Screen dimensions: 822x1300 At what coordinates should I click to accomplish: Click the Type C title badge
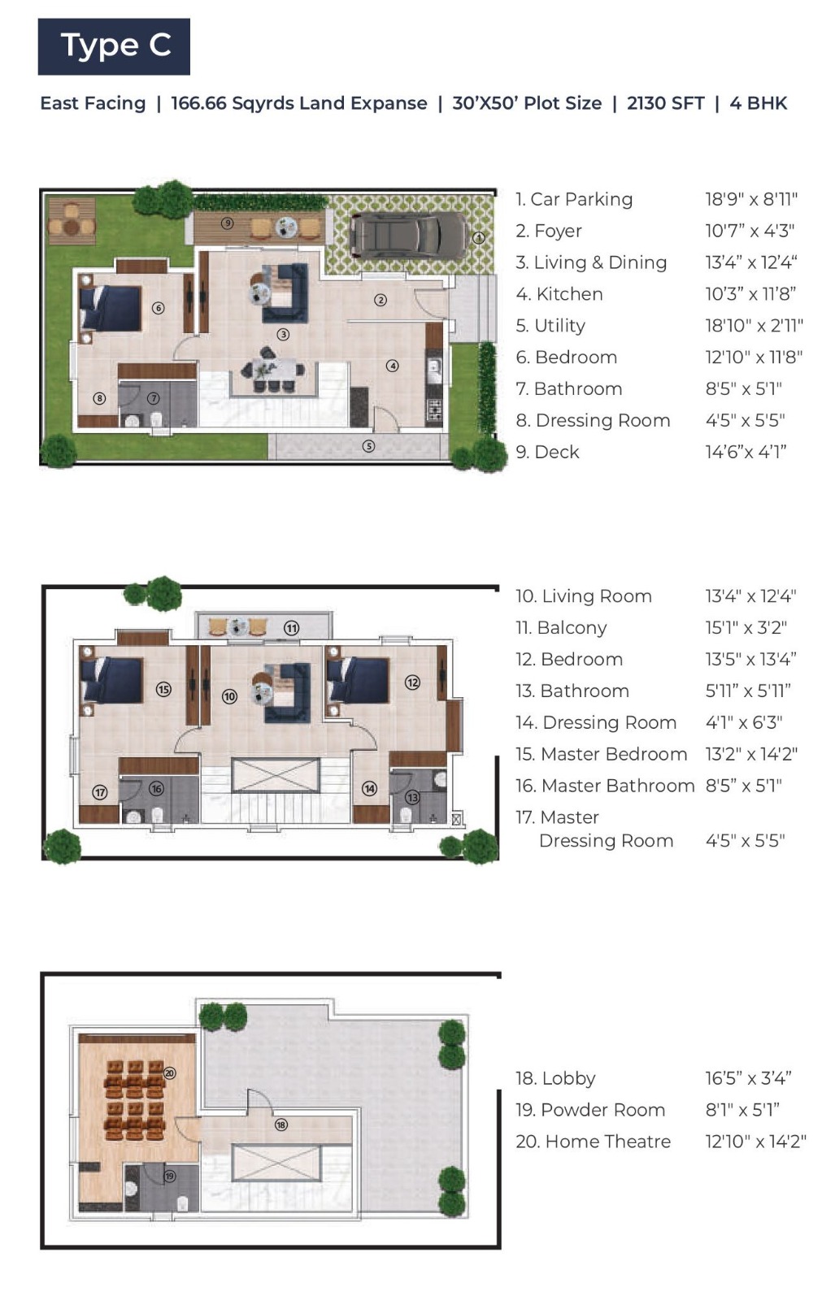(114, 46)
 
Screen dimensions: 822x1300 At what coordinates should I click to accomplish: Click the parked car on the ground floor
(409, 236)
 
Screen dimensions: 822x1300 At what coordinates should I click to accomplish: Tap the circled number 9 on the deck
(227, 223)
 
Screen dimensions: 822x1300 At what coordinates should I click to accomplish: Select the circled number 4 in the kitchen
(393, 366)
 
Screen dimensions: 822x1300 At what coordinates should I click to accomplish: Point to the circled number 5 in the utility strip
(368, 446)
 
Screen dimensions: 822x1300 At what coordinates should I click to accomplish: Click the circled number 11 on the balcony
(291, 628)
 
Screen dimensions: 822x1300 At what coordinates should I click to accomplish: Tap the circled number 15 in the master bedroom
(163, 689)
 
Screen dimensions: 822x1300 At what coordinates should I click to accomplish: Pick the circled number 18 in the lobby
(281, 1124)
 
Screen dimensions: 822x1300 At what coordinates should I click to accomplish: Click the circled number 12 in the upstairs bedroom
(412, 682)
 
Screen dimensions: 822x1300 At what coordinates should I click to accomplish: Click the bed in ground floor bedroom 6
(111, 308)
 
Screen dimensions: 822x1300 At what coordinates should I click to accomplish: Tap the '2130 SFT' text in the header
(665, 103)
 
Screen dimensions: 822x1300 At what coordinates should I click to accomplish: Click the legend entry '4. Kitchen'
(559, 294)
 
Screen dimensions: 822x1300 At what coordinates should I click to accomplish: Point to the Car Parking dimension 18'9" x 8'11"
(751, 199)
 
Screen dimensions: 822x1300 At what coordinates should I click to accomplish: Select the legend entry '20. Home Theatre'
(593, 1142)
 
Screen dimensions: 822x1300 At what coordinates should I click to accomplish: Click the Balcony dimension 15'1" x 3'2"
(746, 628)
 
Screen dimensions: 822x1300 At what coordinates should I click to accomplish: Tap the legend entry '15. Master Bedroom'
(601, 754)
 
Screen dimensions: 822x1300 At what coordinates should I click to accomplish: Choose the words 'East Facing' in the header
(93, 103)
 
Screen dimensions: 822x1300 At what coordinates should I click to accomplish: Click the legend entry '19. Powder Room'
(590, 1110)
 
